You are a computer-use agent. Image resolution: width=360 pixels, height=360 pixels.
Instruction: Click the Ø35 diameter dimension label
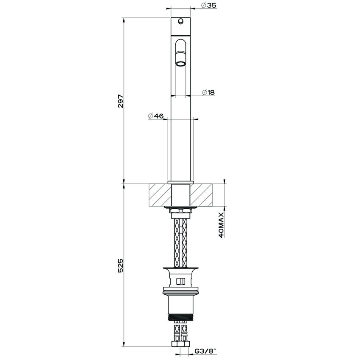(208, 5)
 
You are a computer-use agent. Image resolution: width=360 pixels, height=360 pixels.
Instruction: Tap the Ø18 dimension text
(208, 92)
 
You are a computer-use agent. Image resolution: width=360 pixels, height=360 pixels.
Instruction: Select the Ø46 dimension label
(156, 116)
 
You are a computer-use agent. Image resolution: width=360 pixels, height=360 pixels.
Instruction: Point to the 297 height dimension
(121, 101)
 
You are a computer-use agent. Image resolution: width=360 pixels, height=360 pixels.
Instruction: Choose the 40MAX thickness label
(222, 225)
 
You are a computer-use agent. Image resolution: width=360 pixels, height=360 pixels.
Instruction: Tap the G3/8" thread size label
(206, 351)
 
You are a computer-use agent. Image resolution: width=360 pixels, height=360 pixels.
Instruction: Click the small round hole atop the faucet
(181, 21)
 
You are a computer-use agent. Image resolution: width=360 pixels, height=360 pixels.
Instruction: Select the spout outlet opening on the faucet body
(181, 64)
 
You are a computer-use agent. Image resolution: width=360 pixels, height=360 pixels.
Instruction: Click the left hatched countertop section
(160, 194)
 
